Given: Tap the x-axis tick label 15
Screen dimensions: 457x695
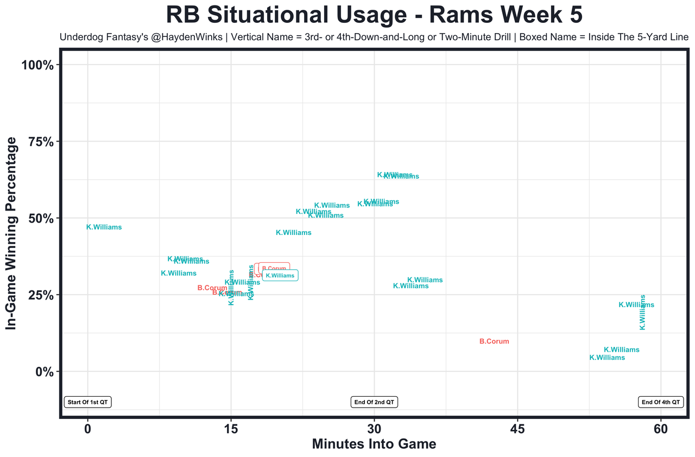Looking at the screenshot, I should pos(231,428).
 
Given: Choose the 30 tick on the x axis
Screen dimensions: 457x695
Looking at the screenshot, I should pos(374,428).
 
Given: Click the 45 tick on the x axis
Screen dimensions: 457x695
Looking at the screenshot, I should pos(517,428).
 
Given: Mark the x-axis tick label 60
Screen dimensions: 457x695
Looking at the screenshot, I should pos(661,428).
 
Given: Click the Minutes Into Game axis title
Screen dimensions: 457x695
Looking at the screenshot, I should pos(374,444).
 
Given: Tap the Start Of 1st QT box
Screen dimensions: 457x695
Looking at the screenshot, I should pos(88,402).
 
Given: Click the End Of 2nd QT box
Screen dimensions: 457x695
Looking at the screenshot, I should pos(374,402).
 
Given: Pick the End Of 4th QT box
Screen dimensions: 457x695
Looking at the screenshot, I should pos(660,402).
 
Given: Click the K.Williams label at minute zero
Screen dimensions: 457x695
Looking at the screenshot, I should pos(104,227).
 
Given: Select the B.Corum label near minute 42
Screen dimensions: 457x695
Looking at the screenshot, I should pos(494,341).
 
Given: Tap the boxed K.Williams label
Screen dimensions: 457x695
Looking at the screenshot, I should pos(280,276).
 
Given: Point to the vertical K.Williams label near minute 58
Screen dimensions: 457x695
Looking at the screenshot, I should pos(642,312).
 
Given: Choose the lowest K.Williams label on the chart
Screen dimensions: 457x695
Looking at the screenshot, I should pos(607,358).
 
